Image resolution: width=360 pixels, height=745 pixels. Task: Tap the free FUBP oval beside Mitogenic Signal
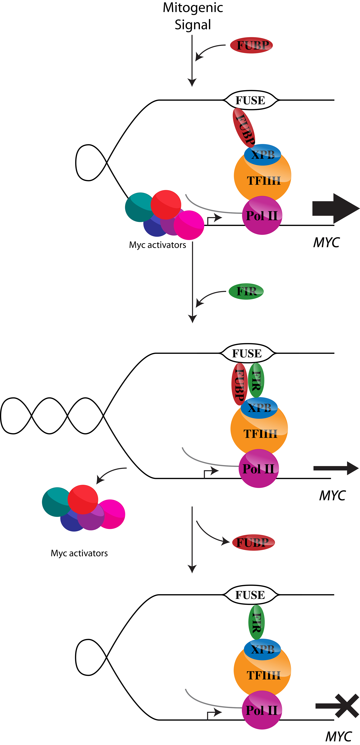[x=251, y=45]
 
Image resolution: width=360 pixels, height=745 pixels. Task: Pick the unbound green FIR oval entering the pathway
[x=246, y=291]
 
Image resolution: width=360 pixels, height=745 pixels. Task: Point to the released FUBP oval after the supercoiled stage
[x=253, y=542]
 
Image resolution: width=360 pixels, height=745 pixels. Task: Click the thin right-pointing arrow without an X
[x=335, y=468]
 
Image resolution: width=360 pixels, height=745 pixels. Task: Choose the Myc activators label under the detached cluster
[x=79, y=553]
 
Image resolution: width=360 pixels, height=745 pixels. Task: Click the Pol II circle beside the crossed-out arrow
[x=262, y=710]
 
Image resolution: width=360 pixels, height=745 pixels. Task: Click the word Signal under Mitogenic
[x=193, y=25]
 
